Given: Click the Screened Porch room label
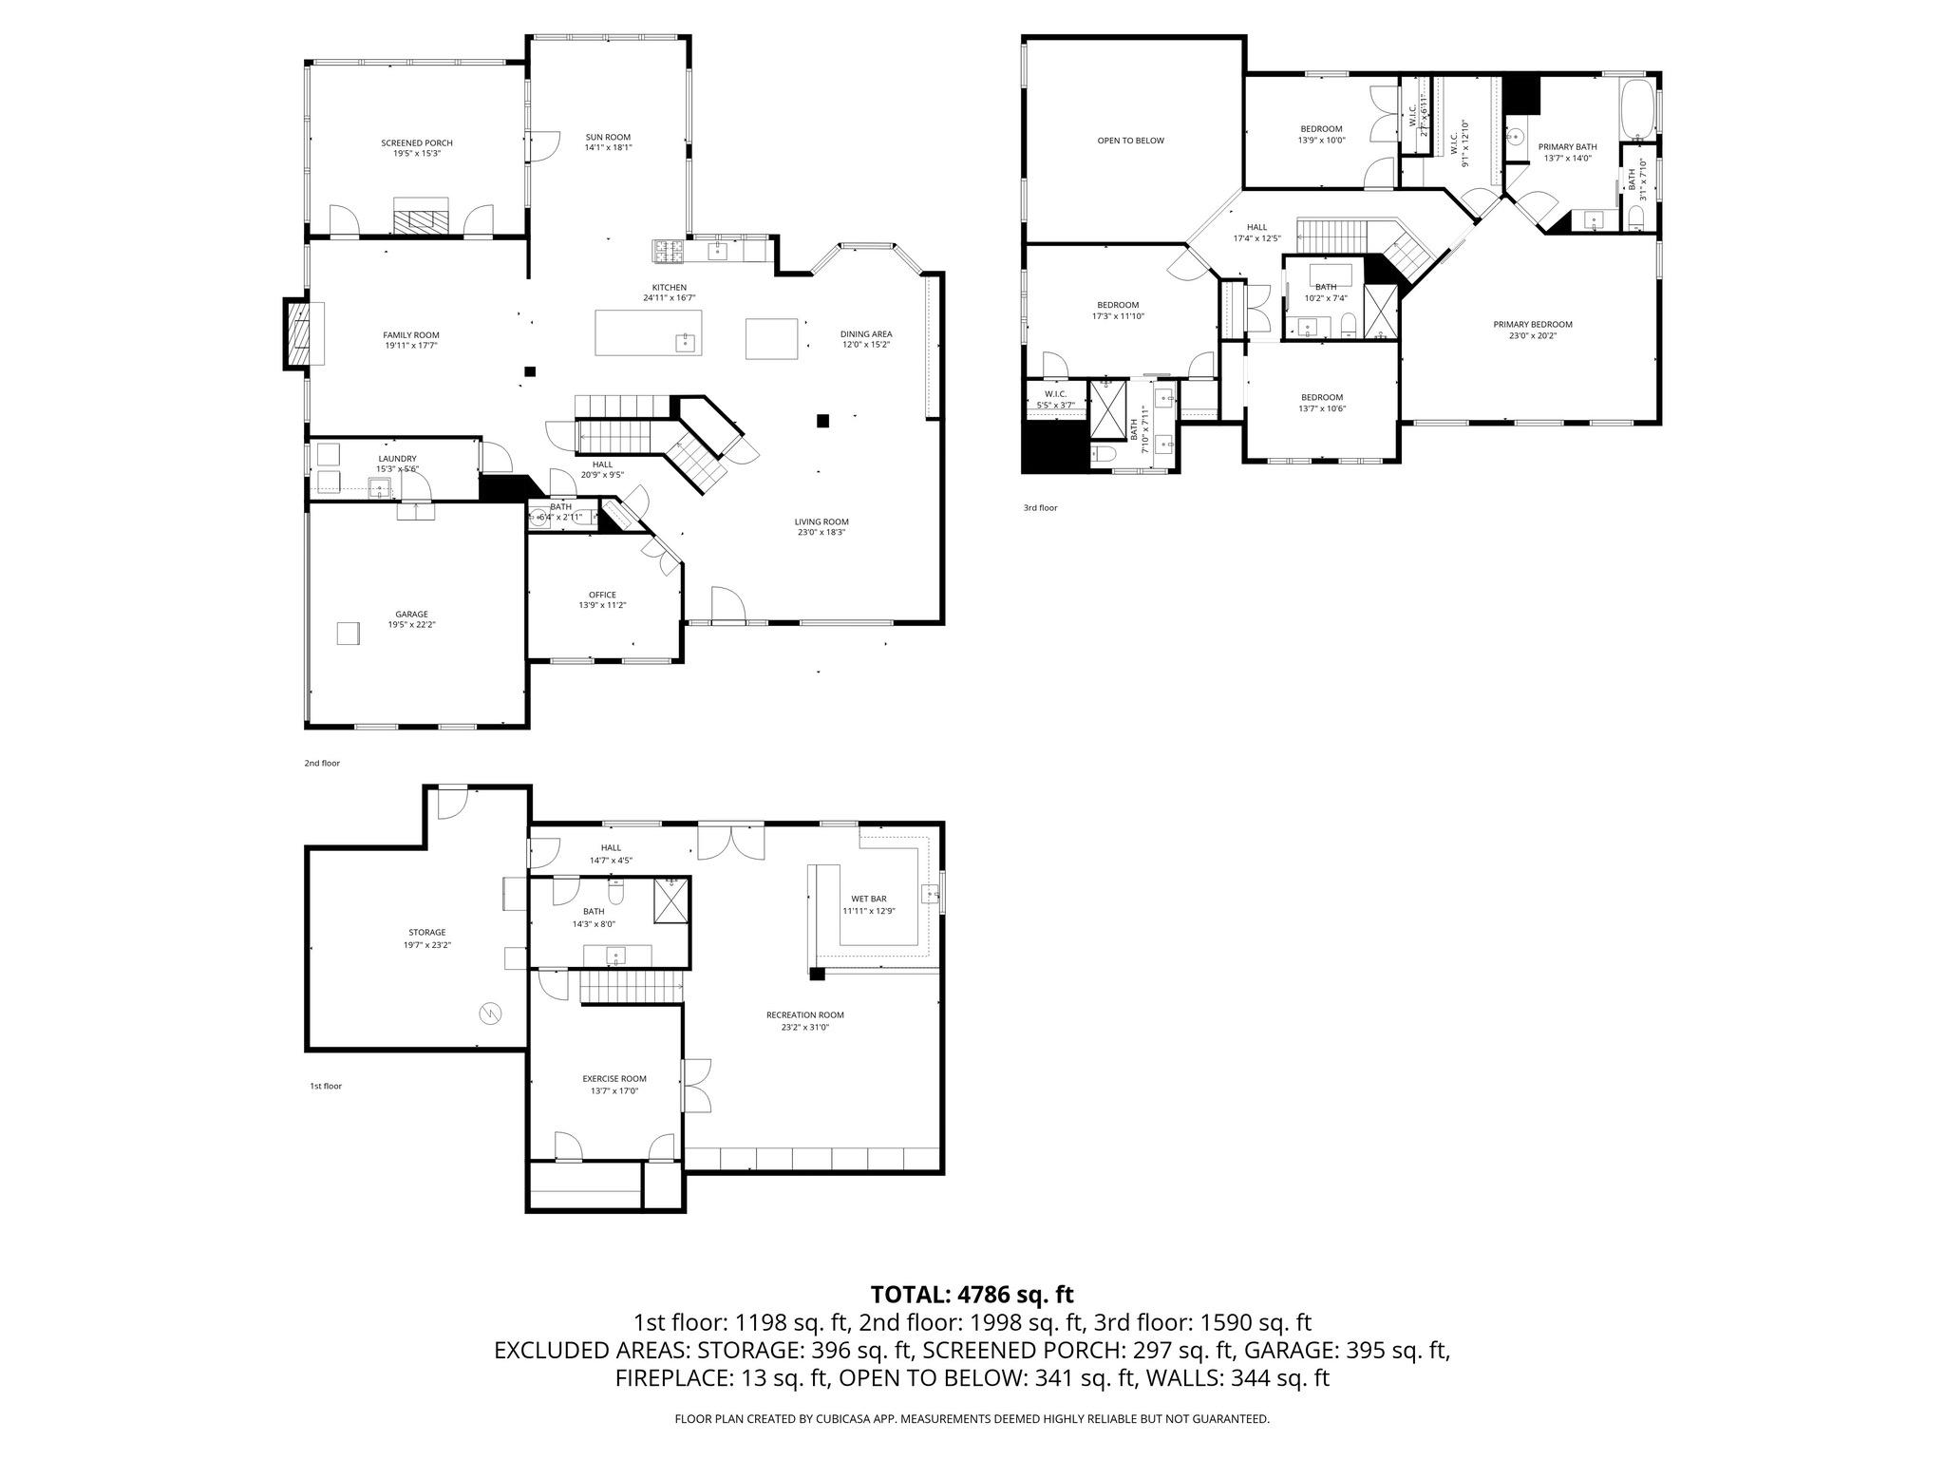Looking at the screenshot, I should tap(417, 142).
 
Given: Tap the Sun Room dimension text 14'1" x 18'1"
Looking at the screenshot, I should tap(608, 147).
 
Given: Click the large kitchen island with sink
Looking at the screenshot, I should tap(649, 332).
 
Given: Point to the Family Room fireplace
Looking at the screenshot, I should tap(298, 334).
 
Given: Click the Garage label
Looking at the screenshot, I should tap(411, 614).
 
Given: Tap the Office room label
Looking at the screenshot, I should tap(602, 595).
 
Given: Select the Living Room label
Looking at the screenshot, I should tap(821, 521).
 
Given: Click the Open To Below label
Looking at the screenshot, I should tap(1130, 141).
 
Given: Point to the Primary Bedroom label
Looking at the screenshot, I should tap(1532, 324).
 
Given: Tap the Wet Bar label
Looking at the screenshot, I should tap(868, 899).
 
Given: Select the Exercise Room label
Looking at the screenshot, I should tap(614, 1078).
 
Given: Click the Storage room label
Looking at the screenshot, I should tap(426, 932).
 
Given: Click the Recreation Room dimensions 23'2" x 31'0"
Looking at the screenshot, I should tap(804, 1027).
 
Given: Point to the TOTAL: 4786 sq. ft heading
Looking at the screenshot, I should tap(972, 1294).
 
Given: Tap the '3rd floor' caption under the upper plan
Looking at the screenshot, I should tap(1040, 508).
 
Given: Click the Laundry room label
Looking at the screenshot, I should tap(397, 459).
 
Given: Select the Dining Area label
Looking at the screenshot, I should tap(865, 333).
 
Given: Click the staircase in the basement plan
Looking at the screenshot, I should tap(632, 986).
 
